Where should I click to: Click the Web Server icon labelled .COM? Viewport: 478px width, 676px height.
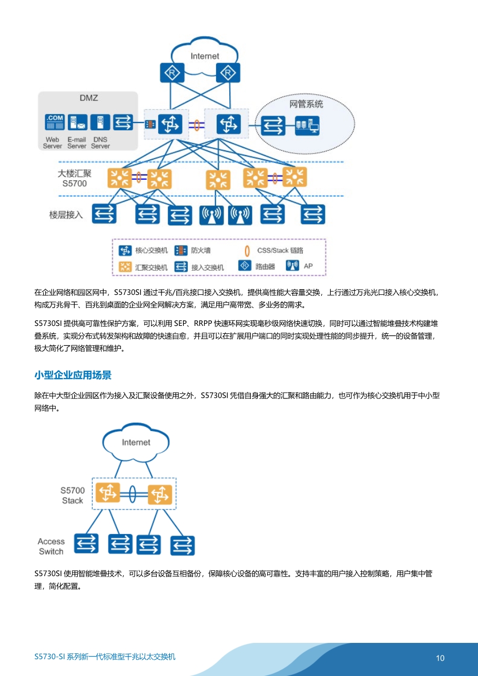point(55,122)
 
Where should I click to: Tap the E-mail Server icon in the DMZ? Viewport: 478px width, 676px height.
point(78,122)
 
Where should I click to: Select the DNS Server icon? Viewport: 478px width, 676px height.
point(100,122)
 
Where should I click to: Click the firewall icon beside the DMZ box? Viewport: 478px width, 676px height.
point(150,124)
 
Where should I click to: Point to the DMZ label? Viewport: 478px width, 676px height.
point(89,98)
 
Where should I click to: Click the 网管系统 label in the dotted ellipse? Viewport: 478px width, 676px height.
point(306,104)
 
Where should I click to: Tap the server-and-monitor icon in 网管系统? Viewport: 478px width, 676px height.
point(308,126)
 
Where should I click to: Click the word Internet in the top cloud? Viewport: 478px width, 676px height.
point(205,56)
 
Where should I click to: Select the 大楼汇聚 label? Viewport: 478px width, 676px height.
point(74,173)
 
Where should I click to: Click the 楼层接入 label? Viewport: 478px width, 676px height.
point(66,215)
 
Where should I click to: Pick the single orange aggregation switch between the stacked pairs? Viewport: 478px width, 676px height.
point(218,180)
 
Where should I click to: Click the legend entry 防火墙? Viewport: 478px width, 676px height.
point(201,250)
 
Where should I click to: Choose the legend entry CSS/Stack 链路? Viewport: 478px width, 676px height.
point(280,251)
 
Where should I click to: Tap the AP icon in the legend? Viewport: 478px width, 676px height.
point(292,265)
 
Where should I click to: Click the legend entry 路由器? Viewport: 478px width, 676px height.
point(265,267)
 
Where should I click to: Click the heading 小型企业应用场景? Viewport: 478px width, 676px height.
point(73,375)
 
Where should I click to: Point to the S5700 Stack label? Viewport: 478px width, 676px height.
point(73,495)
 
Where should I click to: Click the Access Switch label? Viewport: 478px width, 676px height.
point(51,546)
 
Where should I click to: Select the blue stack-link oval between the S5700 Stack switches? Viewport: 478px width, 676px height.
point(133,494)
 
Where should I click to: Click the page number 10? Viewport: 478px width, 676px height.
point(440,658)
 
